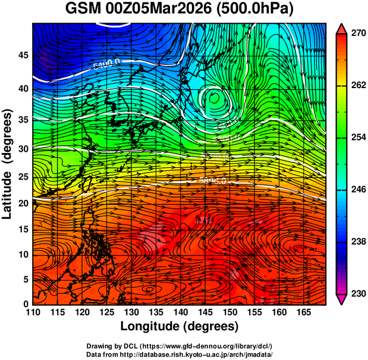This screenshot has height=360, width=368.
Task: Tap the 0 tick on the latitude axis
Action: [x=25, y=303]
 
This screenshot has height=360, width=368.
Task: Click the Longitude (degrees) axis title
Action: [x=180, y=326]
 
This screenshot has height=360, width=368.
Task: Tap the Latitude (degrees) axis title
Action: [x=8, y=164]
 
